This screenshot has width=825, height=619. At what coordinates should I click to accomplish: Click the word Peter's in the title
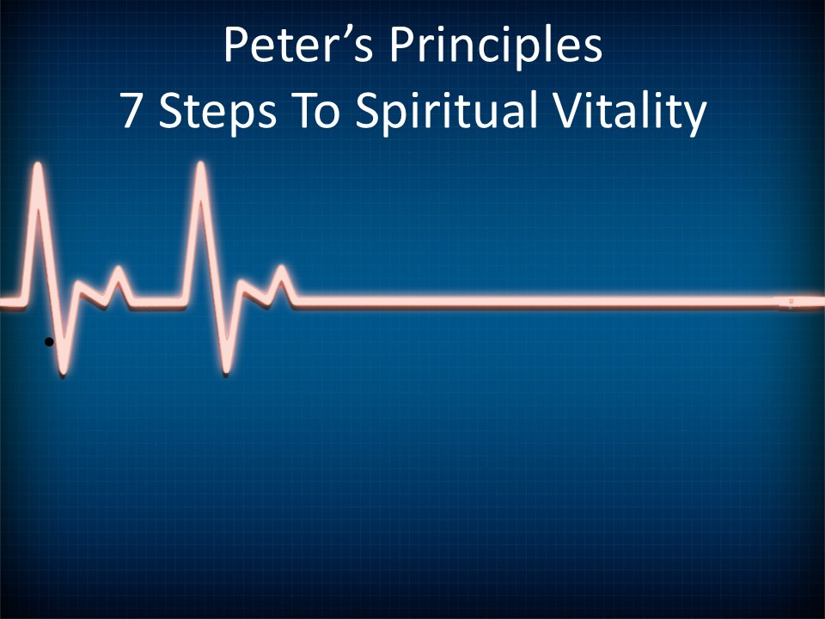click(x=299, y=45)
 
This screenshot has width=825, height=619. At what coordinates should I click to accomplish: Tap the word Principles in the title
click(x=496, y=47)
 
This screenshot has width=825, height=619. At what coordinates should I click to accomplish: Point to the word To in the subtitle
click(x=320, y=111)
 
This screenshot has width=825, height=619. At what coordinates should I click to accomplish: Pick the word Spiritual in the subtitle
click(x=447, y=112)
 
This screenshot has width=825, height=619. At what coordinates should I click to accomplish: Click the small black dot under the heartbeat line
click(x=49, y=342)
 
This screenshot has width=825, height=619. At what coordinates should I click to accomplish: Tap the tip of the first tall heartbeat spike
click(x=38, y=164)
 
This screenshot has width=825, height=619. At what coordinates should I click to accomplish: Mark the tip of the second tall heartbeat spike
click(x=201, y=163)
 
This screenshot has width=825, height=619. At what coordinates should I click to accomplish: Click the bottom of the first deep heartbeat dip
click(x=63, y=373)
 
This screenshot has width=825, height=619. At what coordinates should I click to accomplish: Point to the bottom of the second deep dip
click(x=226, y=372)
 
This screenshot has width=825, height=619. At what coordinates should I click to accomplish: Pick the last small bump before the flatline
click(x=283, y=268)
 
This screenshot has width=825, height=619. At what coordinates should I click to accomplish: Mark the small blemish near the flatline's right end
click(x=791, y=302)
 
